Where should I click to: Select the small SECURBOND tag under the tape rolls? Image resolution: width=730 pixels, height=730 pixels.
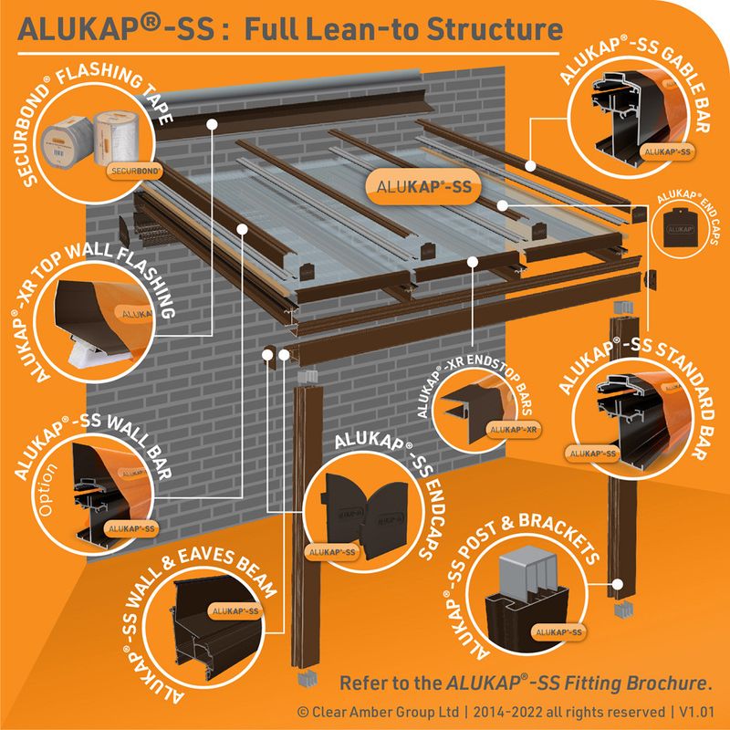[x=136, y=171]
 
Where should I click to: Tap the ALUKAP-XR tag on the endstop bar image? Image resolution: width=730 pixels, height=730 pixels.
[x=512, y=428]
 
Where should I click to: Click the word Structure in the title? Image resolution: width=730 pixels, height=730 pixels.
[x=498, y=29]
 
